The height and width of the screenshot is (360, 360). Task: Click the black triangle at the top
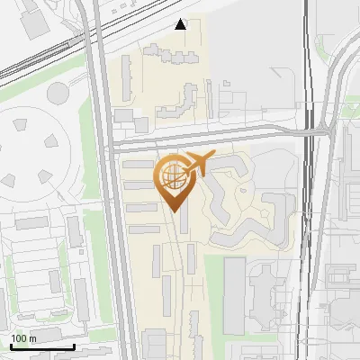click(x=181, y=24)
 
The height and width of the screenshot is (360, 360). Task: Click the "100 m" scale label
click(x=23, y=338)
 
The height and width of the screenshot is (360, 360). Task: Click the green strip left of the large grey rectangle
click(x=212, y=292)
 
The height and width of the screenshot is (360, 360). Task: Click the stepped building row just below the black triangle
click(x=175, y=56)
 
